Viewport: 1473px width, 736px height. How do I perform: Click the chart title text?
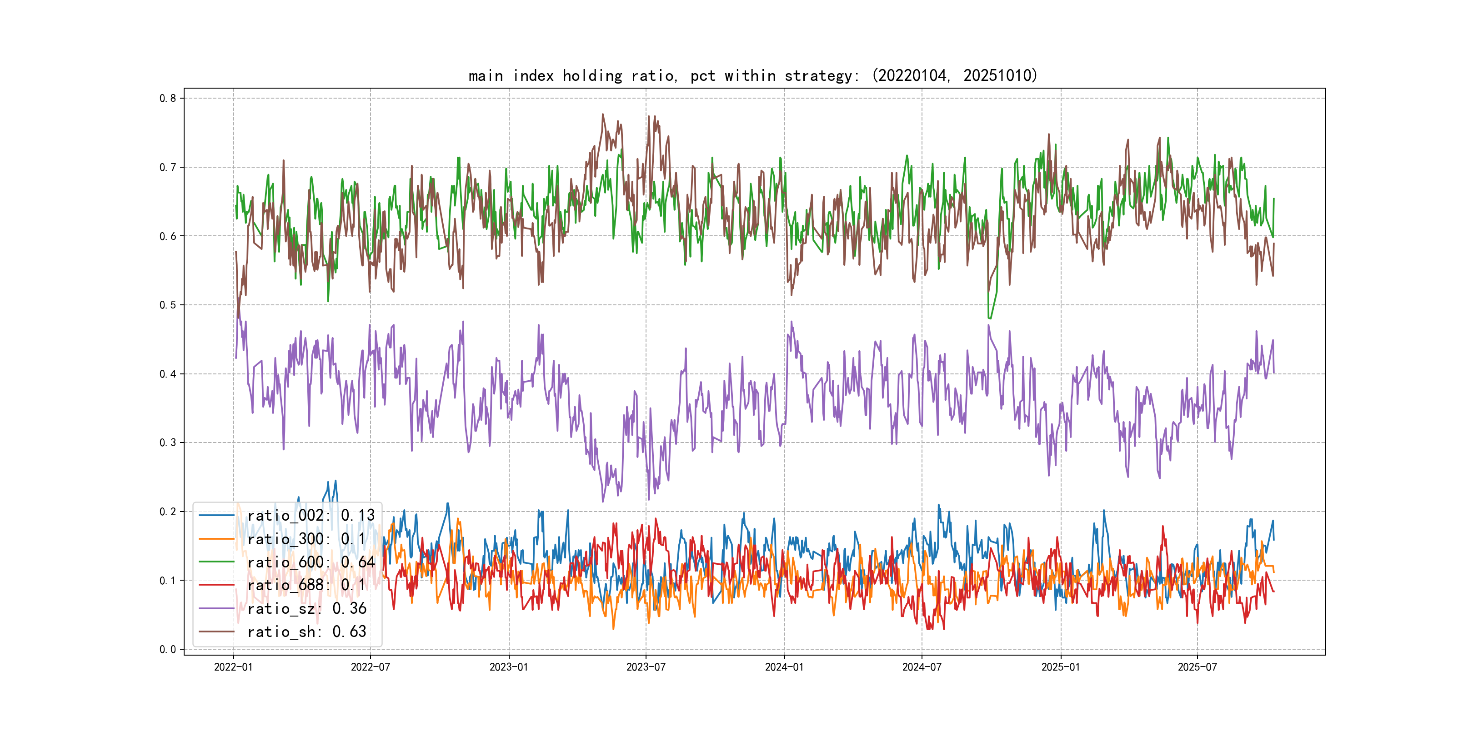[752, 75]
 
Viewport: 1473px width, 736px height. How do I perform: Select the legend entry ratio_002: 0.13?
[311, 516]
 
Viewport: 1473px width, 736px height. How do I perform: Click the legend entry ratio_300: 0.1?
[306, 539]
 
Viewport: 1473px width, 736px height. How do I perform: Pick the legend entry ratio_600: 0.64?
[311, 562]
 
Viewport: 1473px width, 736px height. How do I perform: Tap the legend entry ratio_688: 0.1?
[306, 585]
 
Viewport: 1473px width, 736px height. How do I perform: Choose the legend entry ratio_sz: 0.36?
[306, 609]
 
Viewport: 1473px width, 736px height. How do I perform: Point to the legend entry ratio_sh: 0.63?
[306, 632]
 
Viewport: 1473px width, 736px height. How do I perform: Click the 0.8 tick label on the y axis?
[168, 98]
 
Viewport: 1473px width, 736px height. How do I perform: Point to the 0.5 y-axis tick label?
[168, 305]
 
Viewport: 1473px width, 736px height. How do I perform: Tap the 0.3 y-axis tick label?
[168, 443]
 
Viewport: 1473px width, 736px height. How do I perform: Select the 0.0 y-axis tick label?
[168, 649]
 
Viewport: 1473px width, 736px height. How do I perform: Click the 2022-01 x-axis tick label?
[233, 667]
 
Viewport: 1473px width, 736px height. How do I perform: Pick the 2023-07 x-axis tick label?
[646, 667]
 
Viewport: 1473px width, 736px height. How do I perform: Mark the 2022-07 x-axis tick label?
[370, 667]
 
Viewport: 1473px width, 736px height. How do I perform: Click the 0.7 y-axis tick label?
[168, 168]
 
